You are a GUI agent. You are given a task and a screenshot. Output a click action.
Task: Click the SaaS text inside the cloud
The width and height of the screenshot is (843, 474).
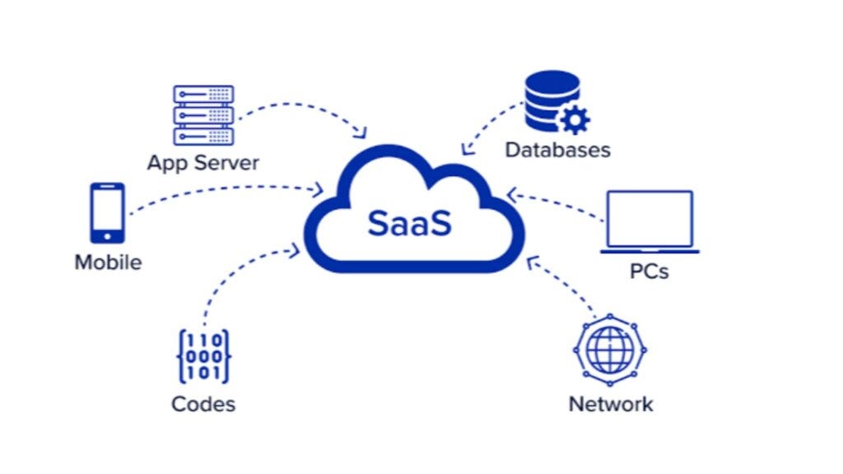pos(410,223)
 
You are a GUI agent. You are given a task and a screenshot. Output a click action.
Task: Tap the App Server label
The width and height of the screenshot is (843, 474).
pos(203,162)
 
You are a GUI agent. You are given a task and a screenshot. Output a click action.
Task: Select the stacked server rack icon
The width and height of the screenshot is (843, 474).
pos(203,115)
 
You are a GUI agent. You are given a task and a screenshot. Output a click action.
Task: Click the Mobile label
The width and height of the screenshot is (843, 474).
pos(108,263)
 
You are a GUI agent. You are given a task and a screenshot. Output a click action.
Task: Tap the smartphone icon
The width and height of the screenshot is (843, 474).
pos(108,212)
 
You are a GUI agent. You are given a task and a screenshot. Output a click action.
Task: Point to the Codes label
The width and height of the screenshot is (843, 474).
pos(203,404)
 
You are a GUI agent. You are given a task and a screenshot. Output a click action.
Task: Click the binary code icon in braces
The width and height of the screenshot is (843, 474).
pos(203,356)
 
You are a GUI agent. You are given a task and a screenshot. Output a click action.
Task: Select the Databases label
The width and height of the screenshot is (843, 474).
pos(557,150)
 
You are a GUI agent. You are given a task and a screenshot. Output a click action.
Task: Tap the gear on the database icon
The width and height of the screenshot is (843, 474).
pos(575,121)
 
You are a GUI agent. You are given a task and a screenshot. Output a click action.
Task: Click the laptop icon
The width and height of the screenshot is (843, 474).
pos(649,221)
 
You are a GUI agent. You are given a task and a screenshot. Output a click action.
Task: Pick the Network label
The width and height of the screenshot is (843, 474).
pos(611,404)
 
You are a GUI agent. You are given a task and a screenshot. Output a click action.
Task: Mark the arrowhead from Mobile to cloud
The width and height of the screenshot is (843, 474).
pos(318,191)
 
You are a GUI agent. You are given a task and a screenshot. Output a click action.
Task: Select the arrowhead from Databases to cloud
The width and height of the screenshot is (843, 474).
pos(466,149)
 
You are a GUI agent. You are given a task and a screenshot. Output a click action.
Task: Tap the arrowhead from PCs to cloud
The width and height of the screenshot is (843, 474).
pos(511,195)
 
